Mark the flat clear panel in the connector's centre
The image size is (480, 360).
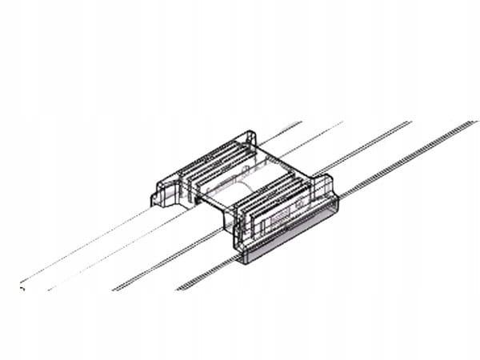click(256, 180)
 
